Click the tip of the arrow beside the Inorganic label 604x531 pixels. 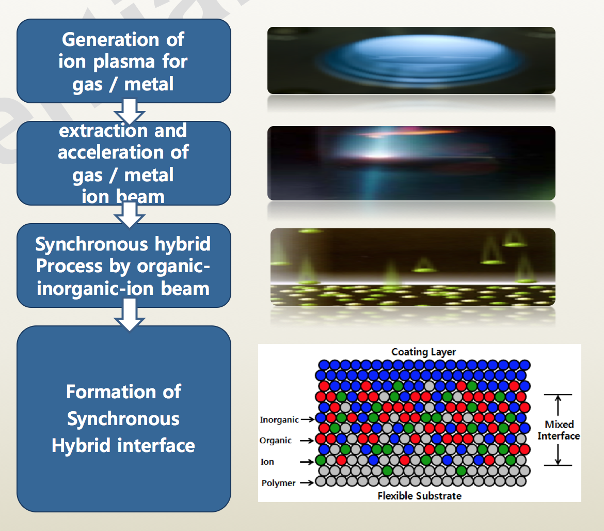click(315, 419)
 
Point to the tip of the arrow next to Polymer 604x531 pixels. click(315, 482)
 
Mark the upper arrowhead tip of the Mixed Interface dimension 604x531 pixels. click(558, 396)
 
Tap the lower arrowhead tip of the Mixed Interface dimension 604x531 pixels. click(558, 465)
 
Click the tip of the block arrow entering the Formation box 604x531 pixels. click(130, 331)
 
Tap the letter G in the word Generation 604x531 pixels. click(69, 39)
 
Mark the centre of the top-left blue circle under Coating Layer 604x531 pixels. click(324, 365)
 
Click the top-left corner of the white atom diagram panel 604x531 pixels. click(258, 344)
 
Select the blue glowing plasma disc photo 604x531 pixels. click(411, 60)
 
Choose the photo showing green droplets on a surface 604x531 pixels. click(413, 267)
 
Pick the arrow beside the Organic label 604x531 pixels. click(307, 440)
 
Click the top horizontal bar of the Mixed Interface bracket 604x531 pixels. click(558, 395)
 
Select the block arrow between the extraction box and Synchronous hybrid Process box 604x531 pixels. click(130, 215)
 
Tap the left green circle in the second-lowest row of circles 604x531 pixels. click(387, 471)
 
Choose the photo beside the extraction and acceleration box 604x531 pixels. click(411, 163)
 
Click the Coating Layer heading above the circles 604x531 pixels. click(423, 352)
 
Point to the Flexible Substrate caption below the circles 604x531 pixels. click(420, 495)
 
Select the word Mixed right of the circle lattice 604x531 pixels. click(559, 424)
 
